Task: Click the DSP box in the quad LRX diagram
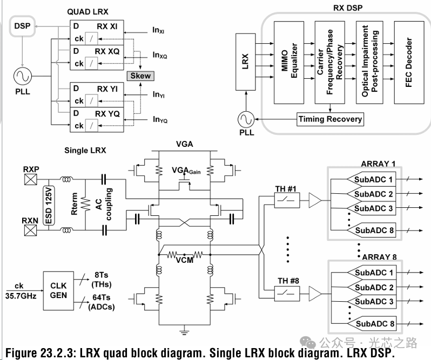tap(22, 26)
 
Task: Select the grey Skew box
tap(140, 76)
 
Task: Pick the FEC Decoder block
tap(409, 63)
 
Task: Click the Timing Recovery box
tap(330, 119)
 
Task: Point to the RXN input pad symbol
tap(30, 230)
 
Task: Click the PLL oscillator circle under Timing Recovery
tap(246, 119)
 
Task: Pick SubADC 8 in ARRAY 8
tap(372, 324)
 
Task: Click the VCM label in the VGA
tap(184, 260)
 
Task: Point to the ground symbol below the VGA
tap(184, 328)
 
